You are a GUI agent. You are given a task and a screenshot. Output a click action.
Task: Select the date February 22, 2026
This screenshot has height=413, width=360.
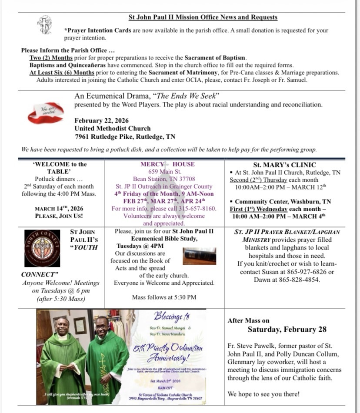point(101,120)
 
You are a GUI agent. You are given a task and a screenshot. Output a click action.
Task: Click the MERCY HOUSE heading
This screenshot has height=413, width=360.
point(167,164)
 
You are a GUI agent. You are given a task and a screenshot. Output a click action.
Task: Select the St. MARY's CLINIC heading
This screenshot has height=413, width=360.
point(284,165)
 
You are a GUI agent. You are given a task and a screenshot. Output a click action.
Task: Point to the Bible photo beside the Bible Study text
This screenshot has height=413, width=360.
point(199,256)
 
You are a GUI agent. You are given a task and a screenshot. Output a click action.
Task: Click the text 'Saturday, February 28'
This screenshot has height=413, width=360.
point(287,329)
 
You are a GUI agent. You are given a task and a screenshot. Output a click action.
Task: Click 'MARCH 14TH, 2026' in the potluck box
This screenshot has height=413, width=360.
point(59,208)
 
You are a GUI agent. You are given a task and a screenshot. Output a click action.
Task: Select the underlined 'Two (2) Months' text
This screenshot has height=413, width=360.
point(51,58)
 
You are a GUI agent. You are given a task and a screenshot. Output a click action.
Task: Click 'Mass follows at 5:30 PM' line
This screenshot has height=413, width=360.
point(164,297)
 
